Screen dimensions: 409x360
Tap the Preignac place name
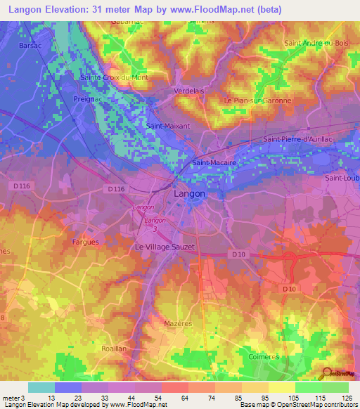(x=88, y=100)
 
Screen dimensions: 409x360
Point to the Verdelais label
(x=188, y=91)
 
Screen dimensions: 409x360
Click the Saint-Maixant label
(x=162, y=126)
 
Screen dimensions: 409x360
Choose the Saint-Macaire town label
(x=213, y=162)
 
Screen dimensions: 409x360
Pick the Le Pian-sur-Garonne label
(x=257, y=100)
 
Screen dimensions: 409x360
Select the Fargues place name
(x=85, y=242)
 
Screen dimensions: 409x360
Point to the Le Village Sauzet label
(x=165, y=247)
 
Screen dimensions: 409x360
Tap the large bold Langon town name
(x=190, y=193)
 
